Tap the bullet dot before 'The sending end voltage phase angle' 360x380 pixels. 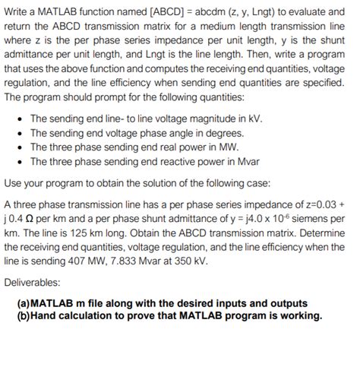pos(19,133)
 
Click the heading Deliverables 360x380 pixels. pos(33,283)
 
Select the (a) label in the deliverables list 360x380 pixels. pos(24,303)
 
